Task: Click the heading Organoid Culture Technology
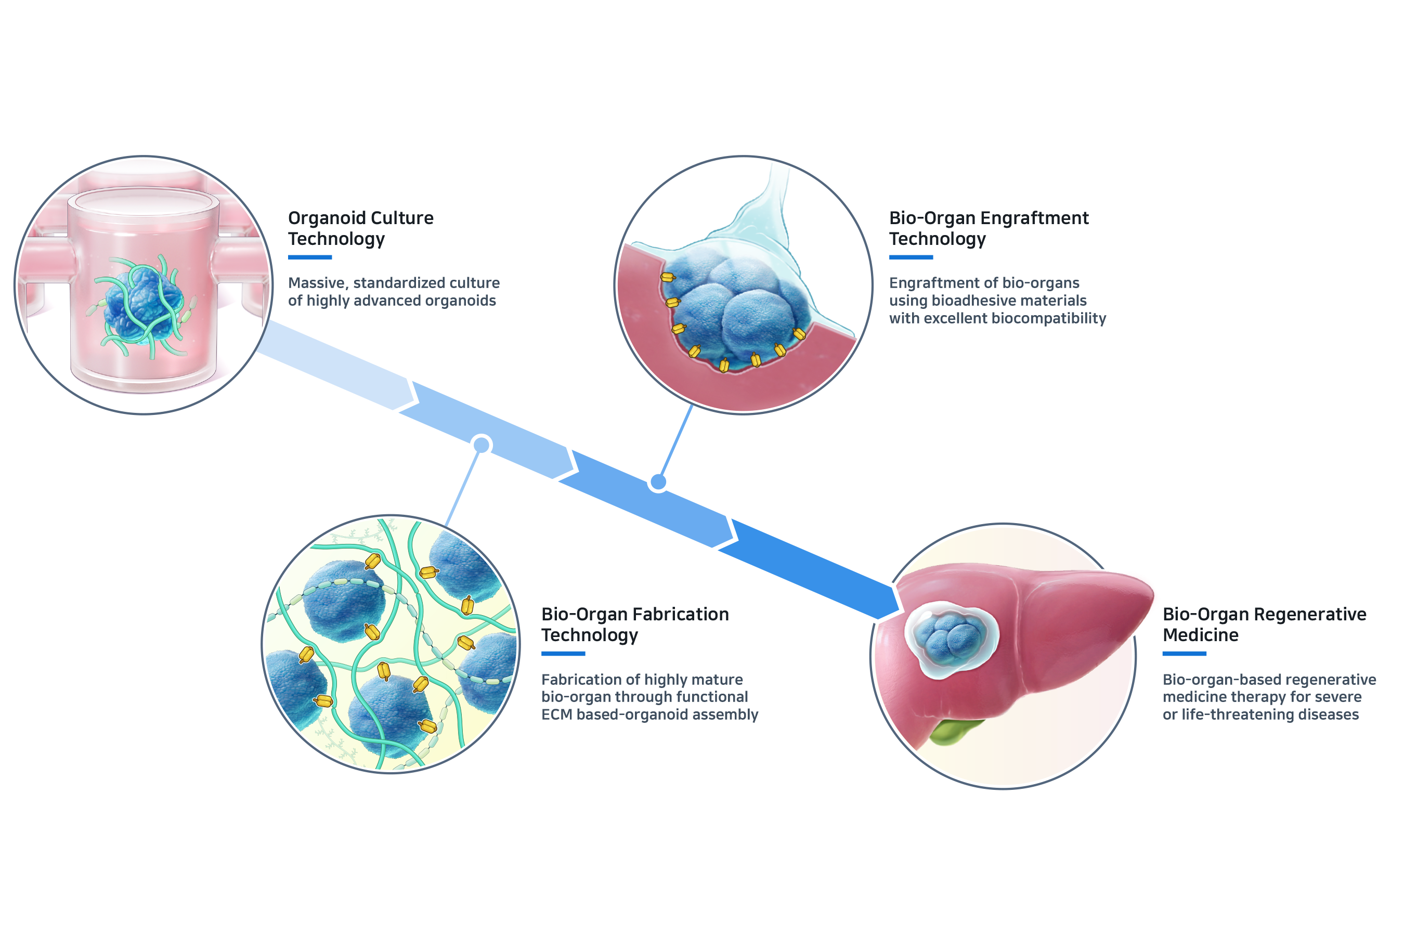360,228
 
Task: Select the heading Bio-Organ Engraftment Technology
989,228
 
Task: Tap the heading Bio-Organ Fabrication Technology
634,625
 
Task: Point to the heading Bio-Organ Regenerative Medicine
1264,625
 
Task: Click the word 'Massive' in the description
316,283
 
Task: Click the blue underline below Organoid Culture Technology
310,257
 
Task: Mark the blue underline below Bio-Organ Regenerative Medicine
1185,654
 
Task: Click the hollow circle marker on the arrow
482,445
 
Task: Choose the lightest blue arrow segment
334,364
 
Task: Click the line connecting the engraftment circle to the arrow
675,441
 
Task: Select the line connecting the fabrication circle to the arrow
463,487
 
